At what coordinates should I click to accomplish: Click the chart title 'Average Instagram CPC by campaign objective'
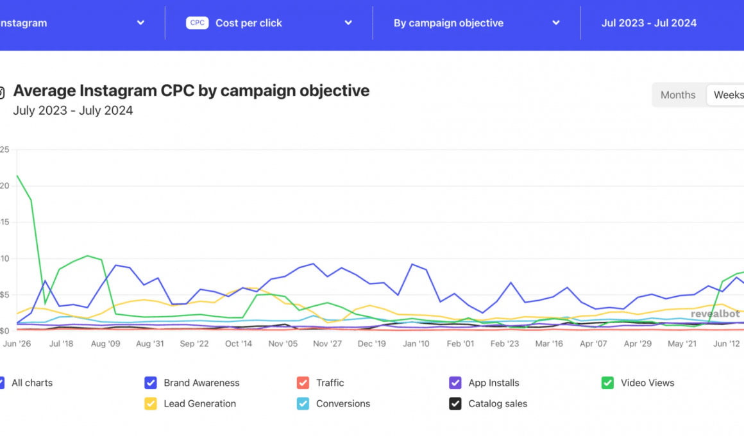(191, 90)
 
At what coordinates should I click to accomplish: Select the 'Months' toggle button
(678, 95)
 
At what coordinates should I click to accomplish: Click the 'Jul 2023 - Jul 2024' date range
(649, 23)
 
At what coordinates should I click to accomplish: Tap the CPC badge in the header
(198, 23)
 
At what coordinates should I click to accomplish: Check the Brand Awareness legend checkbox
(151, 383)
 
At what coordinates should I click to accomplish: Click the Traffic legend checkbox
(303, 383)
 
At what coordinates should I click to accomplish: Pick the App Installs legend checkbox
(455, 383)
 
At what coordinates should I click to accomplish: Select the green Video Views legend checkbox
(607, 383)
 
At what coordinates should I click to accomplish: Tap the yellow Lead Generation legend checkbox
(151, 404)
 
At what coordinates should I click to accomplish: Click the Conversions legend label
(343, 404)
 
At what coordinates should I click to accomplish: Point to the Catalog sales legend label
(498, 404)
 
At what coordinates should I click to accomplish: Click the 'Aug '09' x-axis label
(106, 344)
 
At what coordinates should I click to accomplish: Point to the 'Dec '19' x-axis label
(372, 344)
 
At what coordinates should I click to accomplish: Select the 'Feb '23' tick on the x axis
(505, 344)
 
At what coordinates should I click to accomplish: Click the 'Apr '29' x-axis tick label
(638, 344)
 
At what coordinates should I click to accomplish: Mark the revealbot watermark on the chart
(715, 314)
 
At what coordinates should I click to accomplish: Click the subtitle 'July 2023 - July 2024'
(73, 110)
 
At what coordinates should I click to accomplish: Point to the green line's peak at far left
(17, 176)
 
